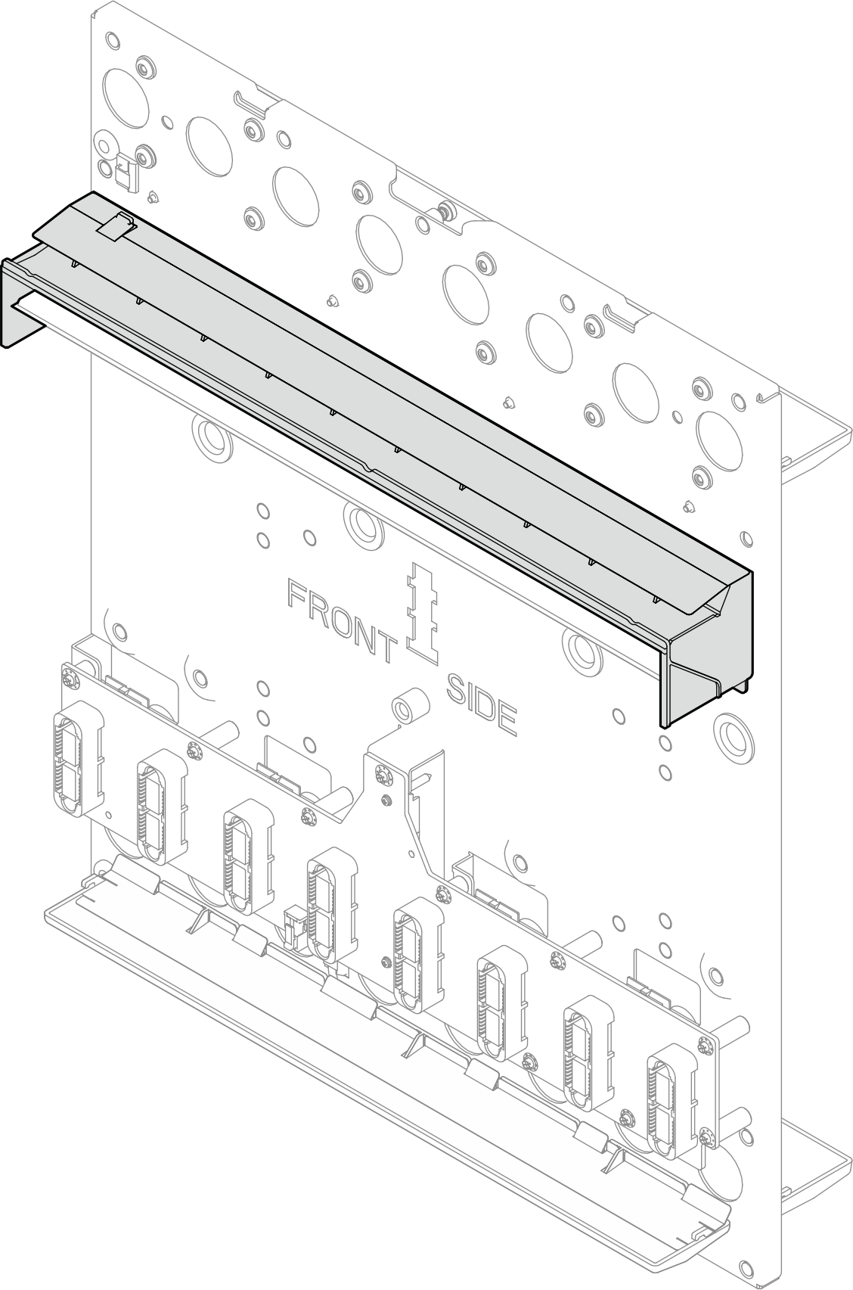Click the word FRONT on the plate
coord(343,620)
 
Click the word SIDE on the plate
coord(481,705)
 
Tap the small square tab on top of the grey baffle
coord(117,225)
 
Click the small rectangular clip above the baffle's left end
coord(126,172)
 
